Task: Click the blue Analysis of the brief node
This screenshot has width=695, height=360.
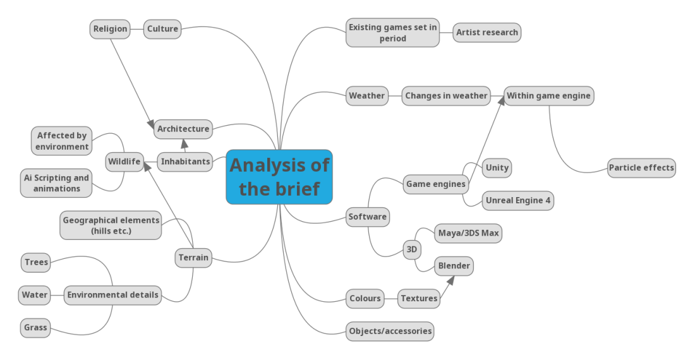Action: tap(279, 177)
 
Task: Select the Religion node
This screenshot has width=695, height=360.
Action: tap(110, 29)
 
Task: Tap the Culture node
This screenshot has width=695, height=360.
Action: tap(162, 29)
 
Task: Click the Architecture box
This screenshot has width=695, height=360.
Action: tap(183, 129)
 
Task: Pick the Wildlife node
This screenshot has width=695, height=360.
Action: tap(124, 162)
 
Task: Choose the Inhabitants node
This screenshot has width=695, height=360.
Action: tap(185, 162)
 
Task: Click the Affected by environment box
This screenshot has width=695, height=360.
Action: tap(62, 141)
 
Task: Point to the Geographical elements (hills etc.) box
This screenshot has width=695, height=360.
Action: tap(111, 225)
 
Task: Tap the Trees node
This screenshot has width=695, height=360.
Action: tap(36, 263)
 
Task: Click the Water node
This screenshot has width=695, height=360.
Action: tap(34, 295)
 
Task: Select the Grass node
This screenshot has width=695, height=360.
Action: tap(35, 328)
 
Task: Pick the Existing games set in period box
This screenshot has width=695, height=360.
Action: tap(392, 33)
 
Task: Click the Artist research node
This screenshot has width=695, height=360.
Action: tap(486, 33)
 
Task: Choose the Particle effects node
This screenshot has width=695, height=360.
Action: tap(641, 168)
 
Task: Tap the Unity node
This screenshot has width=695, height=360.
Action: tap(497, 168)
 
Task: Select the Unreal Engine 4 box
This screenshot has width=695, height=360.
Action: tap(517, 201)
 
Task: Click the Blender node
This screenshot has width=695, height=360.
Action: tap(454, 266)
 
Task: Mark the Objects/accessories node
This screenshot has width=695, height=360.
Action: tap(390, 331)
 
